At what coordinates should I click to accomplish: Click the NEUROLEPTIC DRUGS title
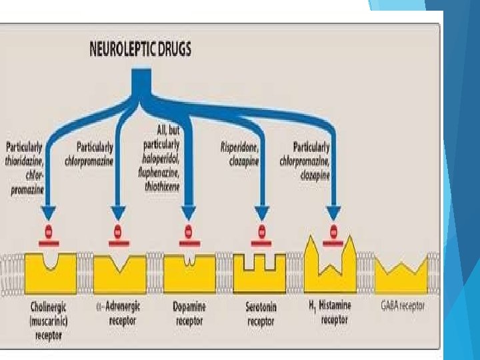(x=139, y=49)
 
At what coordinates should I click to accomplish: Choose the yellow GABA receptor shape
(x=403, y=276)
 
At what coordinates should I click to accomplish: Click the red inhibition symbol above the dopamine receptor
(x=189, y=233)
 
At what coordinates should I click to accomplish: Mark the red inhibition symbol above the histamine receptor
(x=333, y=233)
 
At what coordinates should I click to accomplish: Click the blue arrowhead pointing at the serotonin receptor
(x=261, y=212)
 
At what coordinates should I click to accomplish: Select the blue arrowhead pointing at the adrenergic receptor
(x=119, y=212)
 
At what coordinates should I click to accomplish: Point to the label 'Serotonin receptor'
(x=261, y=313)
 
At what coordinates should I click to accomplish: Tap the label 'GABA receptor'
(x=403, y=306)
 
